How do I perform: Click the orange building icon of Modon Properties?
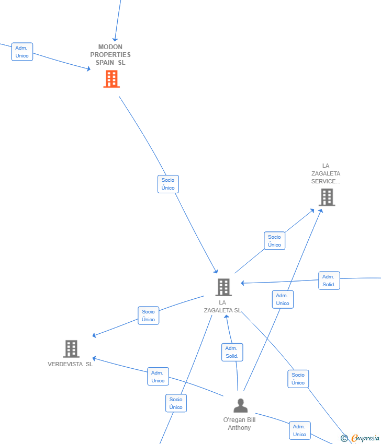coord(111,79)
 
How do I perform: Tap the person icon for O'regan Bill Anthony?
coord(241,405)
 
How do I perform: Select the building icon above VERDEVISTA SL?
coord(71,349)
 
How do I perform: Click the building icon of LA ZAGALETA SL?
coord(223,287)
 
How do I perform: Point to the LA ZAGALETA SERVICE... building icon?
coord(327,197)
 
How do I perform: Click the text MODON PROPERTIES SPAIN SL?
coord(110,55)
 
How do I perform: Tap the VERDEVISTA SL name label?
coord(70,364)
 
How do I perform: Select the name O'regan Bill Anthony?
coord(240,424)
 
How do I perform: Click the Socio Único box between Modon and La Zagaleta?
coord(168,184)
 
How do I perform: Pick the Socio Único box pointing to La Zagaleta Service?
coord(275,241)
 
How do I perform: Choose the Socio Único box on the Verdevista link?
coord(149,316)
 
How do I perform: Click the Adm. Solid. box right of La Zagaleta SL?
coord(329,281)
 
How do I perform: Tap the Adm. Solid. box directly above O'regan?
coord(232,352)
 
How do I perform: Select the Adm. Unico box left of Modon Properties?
coord(22,52)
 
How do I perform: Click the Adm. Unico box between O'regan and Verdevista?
coord(158,377)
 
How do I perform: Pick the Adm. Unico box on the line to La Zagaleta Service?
coord(283,299)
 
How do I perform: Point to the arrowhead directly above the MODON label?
coord(115,39)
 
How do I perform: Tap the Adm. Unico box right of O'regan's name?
coord(300,430)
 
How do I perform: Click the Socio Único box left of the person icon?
coord(176,403)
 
